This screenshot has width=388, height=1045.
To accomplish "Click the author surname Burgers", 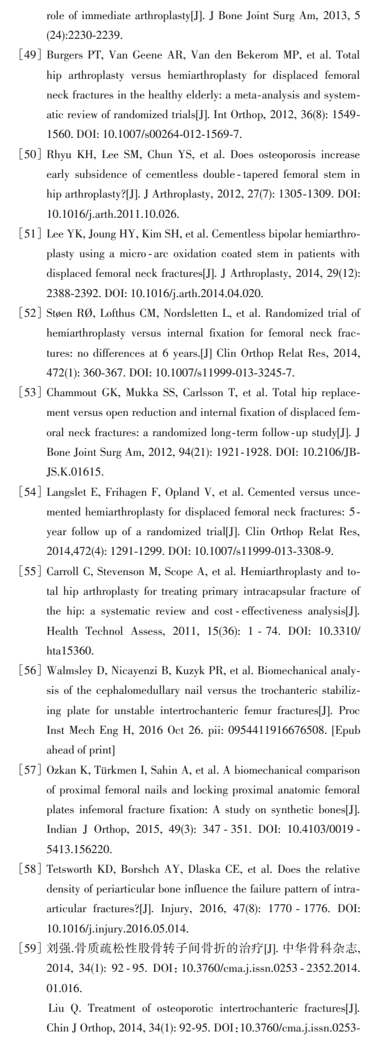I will coord(64,57).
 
